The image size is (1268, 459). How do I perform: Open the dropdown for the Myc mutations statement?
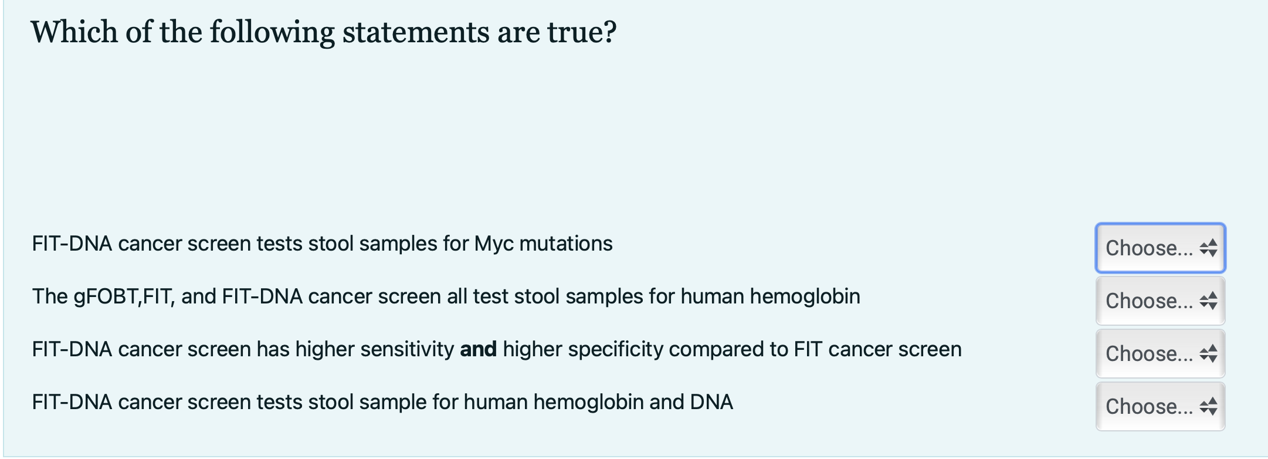point(1160,248)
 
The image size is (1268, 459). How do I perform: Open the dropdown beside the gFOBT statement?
point(1160,301)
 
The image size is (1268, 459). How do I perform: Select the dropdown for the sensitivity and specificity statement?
point(1160,353)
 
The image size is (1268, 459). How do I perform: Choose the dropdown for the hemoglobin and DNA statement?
point(1160,406)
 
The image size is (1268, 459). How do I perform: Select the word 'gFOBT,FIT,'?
point(103,296)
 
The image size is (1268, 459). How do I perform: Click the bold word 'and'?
point(479,349)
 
